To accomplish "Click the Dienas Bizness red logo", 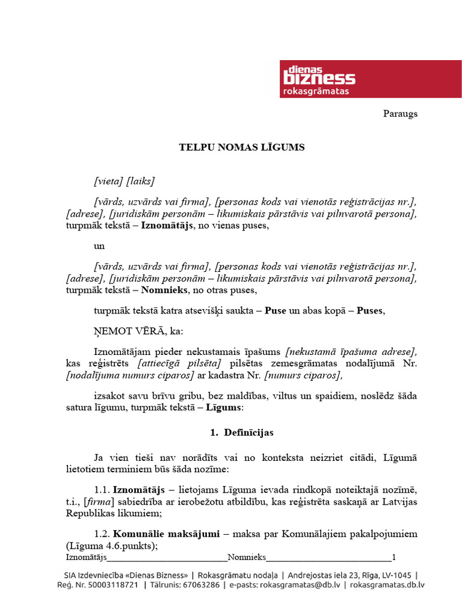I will coord(370,79).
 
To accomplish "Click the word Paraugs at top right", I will coord(400,114).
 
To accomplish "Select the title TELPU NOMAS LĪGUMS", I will coord(242,147).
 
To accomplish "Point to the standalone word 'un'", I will coord(99,247).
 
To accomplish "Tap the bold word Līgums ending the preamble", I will coord(224,407).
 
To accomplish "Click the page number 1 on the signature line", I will coord(393,556).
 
